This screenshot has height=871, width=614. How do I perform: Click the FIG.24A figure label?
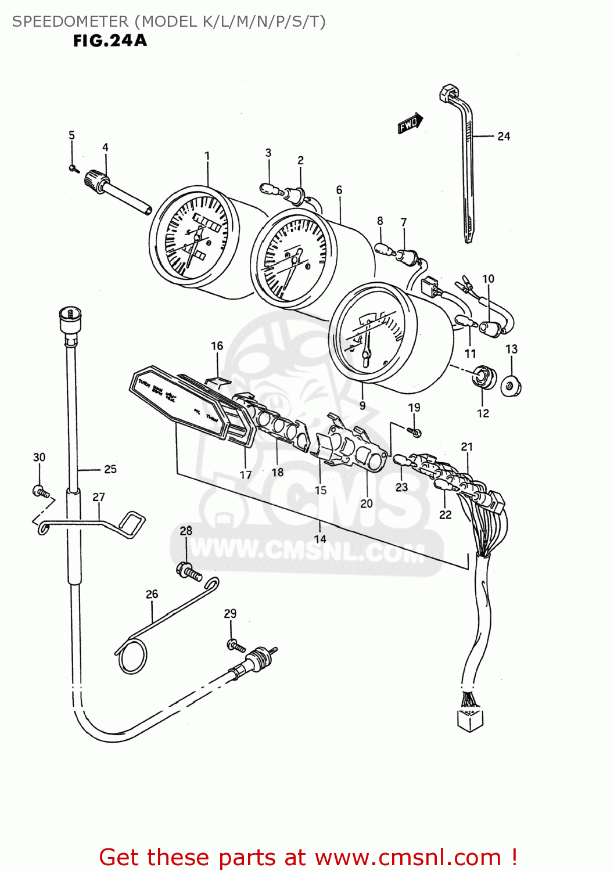(x=110, y=41)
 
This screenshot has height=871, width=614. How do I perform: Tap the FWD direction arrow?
(x=410, y=124)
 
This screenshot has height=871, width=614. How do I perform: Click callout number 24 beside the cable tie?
(x=504, y=136)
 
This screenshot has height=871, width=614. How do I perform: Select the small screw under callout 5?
(x=73, y=168)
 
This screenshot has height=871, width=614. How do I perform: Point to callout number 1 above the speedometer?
(x=207, y=156)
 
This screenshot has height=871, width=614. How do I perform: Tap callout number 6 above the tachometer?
(x=339, y=190)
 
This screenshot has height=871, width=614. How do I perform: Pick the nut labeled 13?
(x=511, y=386)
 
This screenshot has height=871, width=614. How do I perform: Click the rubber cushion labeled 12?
(x=483, y=377)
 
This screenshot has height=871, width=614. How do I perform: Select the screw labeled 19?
(x=415, y=432)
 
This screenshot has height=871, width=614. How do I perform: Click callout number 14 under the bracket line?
(x=320, y=539)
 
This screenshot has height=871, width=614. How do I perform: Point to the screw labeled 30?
(x=41, y=492)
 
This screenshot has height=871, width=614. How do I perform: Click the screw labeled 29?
(x=234, y=645)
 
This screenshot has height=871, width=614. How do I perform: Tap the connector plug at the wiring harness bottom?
(x=471, y=719)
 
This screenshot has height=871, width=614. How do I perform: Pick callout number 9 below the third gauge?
(x=362, y=405)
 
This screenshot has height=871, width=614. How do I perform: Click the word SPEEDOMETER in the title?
(x=70, y=21)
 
